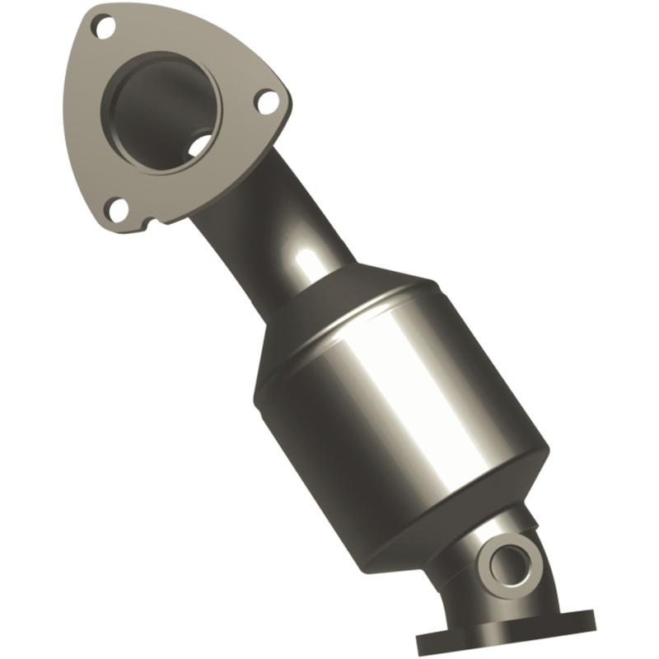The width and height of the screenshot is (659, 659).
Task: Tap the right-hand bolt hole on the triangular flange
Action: click(x=265, y=102)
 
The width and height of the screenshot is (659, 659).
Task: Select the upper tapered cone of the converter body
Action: click(x=362, y=297)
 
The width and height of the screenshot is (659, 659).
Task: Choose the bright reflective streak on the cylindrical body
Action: click(x=428, y=387)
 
